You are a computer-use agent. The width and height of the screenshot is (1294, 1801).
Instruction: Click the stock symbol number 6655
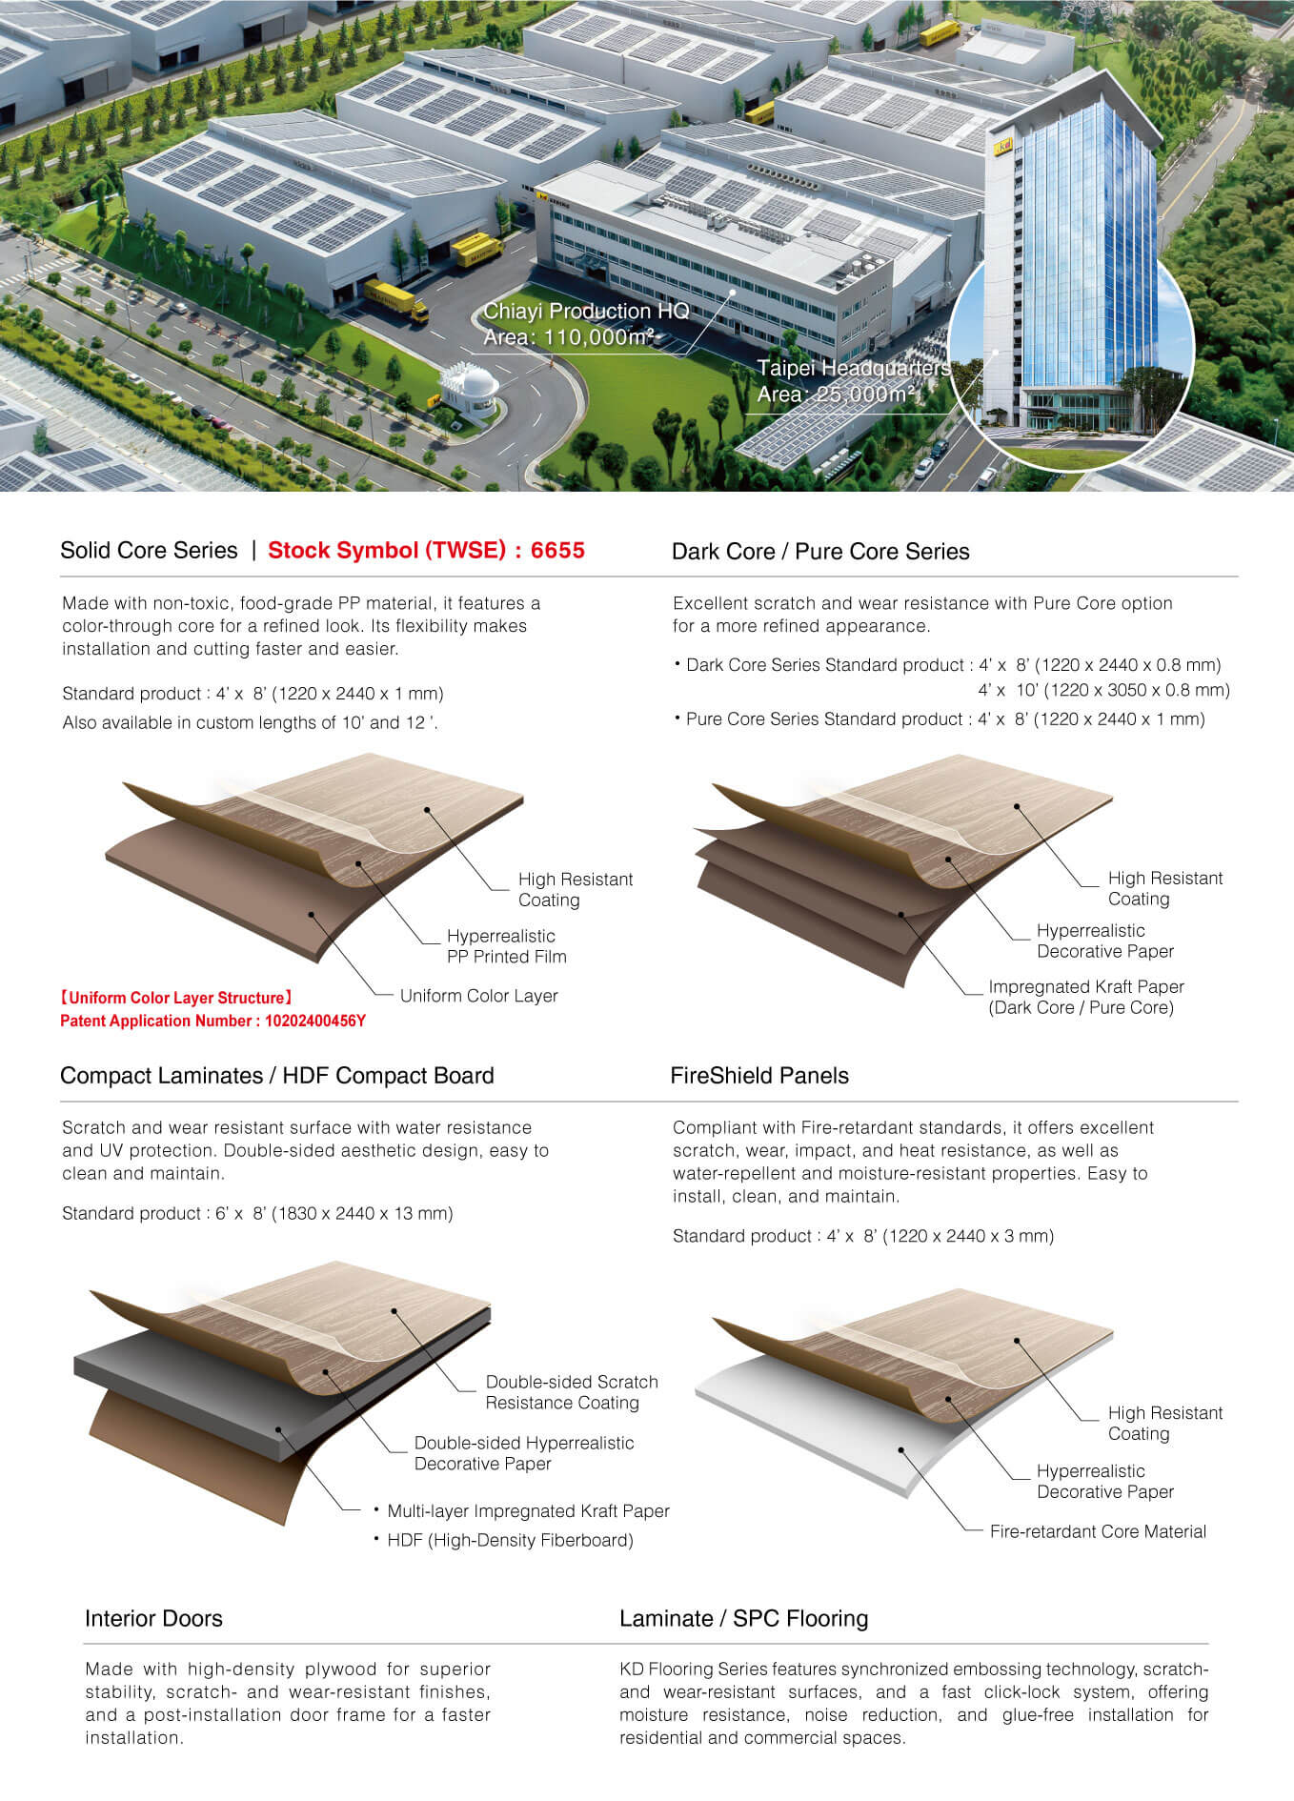pos(557,550)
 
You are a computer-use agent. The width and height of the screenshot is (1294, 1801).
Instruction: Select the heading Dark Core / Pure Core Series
pos(820,552)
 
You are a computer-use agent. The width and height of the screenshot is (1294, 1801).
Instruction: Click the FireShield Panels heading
pos(759,1076)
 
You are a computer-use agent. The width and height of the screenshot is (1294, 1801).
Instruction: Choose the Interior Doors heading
pos(153,1618)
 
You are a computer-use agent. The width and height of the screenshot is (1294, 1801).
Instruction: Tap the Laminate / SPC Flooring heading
pos(744,1618)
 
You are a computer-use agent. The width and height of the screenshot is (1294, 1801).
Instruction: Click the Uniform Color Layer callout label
pos(479,996)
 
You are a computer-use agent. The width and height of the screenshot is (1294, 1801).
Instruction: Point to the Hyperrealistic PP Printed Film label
pos(507,946)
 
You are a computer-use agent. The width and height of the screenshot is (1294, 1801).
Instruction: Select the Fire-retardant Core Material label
pos(1098,1531)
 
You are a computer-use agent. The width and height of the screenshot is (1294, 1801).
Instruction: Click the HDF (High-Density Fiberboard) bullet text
pos(510,1540)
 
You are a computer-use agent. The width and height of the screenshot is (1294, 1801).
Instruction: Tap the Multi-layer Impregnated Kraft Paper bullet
pos(528,1511)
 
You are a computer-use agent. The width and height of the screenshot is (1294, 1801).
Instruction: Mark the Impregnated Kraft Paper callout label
pos(1086,997)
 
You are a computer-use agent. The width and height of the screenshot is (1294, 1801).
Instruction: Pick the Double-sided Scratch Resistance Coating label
pos(572,1392)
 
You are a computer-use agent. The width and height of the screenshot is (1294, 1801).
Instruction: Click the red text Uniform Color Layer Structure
pos(176,998)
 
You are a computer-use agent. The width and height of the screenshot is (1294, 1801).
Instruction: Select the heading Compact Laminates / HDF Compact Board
pos(277,1076)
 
